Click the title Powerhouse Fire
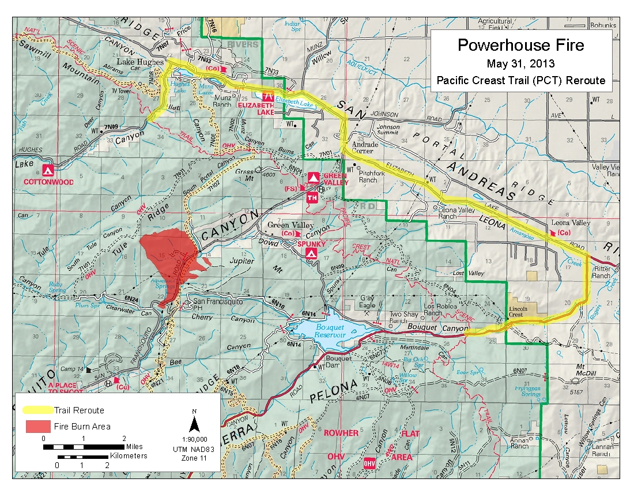(520, 45)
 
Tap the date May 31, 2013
(520, 63)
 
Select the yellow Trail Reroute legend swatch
(38, 410)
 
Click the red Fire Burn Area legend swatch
(38, 427)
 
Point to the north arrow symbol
(195, 424)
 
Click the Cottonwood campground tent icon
(48, 171)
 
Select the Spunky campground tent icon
(312, 254)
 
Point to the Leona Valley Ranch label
(456, 213)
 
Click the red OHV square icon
(369, 463)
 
